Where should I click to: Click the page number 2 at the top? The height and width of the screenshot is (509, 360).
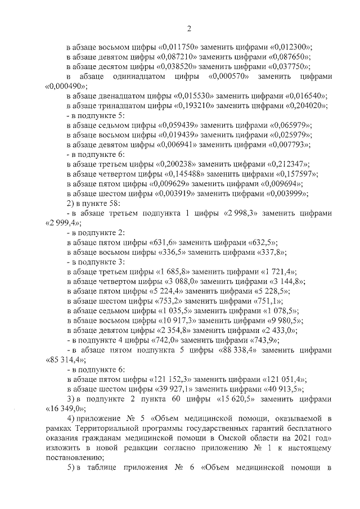coord(190,28)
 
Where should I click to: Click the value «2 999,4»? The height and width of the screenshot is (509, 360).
coord(63,223)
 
